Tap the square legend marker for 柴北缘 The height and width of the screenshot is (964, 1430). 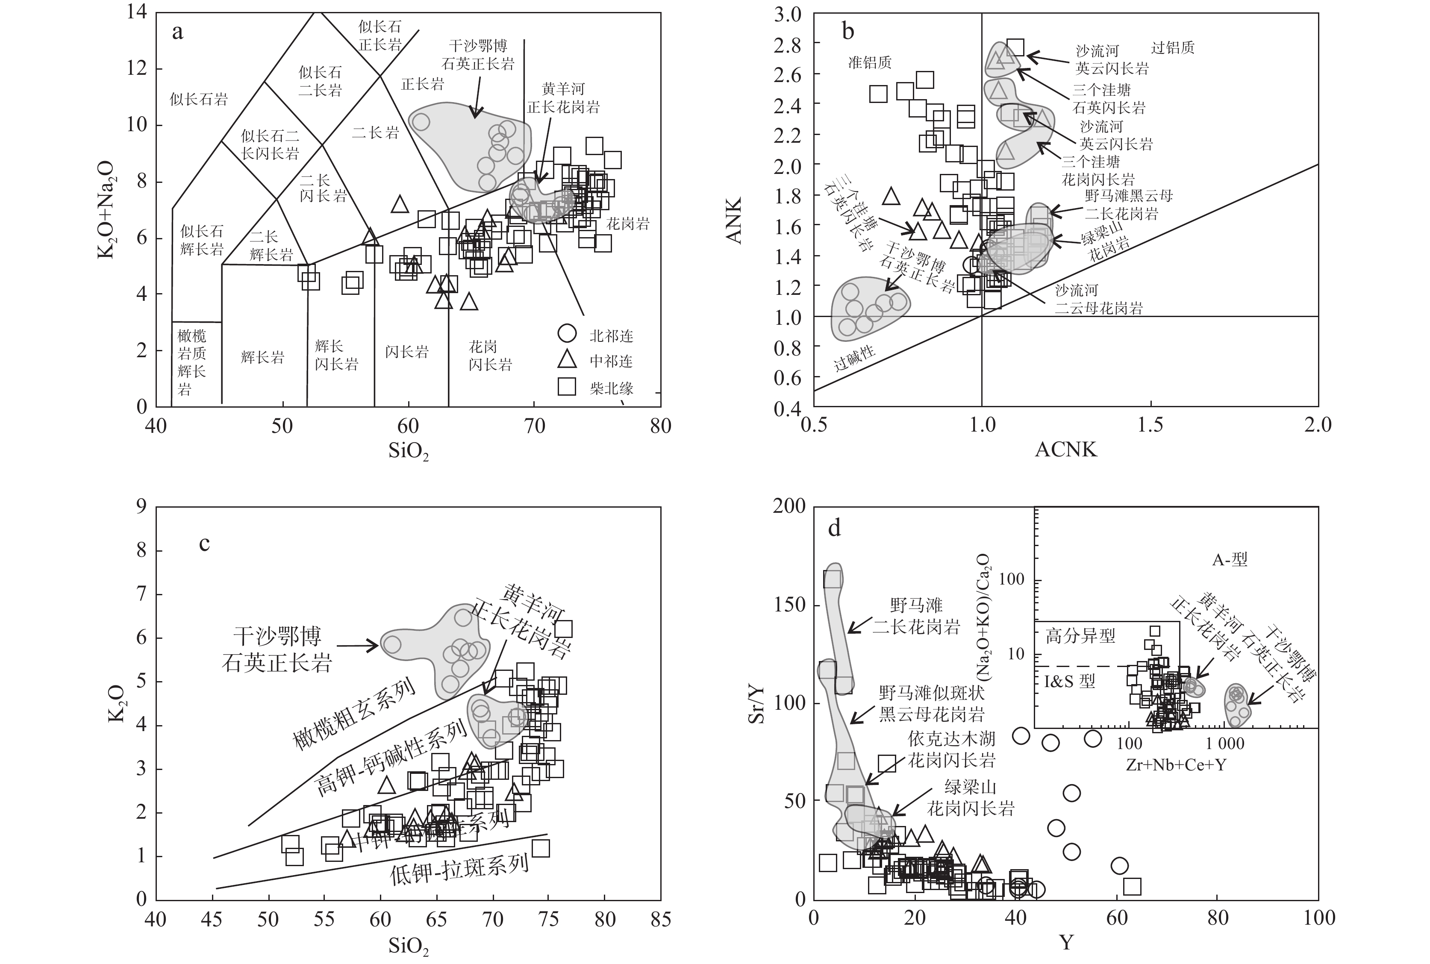coord(566,386)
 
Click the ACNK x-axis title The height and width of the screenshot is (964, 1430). coord(1065,450)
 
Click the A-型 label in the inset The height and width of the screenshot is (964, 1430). coord(1230,559)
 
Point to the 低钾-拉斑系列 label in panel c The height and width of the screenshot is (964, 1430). coord(459,869)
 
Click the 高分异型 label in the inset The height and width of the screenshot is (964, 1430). coord(1080,636)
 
